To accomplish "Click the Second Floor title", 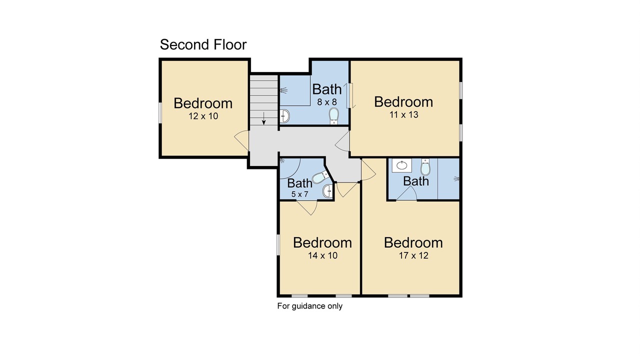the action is pos(203,45).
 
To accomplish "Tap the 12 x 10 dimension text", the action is pos(203,116).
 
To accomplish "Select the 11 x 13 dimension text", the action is pos(403,115).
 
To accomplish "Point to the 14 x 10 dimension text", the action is pos(322,255).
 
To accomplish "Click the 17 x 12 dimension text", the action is pos(413,255).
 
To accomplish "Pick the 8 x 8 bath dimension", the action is pos(327,102).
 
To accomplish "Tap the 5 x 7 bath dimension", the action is pos(299,194).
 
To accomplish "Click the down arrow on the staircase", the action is pos(263,118).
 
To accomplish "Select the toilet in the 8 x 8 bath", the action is pos(333,116).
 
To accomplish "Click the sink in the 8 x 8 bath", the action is pos(284,116).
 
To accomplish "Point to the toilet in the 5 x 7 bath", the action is pos(320,177).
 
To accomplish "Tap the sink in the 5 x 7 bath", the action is pos(327,191).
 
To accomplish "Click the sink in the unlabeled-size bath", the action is pos(401,165).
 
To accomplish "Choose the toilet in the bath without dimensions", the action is pos(425,167).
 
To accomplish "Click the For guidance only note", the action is pos(309,306).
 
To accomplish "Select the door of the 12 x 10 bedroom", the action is pos(241,140).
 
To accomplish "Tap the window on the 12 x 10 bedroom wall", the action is pos(160,113).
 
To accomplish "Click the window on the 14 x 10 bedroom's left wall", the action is pos(278,244).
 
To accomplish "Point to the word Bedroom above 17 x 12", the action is pos(413,242).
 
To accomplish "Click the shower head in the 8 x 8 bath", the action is pos(283,90).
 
